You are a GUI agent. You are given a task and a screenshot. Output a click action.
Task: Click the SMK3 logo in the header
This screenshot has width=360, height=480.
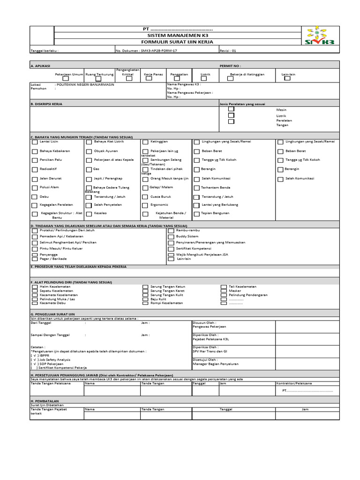coord(320,36)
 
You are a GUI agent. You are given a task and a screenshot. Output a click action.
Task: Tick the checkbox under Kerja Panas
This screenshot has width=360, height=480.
coord(149,79)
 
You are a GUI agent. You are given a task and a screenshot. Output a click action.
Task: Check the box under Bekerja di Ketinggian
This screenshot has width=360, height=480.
coord(230,79)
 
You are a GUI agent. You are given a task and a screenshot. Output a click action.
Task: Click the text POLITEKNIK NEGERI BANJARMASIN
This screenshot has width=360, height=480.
coord(85,85)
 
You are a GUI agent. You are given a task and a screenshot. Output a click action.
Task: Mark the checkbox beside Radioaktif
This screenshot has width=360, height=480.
coord(35,169)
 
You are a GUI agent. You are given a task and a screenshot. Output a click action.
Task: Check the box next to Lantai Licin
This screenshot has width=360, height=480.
coord(35,142)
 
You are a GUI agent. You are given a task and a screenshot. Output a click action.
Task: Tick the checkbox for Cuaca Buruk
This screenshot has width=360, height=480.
coord(145,197)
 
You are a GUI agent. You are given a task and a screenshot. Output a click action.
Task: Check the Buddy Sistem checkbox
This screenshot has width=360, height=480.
coord(171,237)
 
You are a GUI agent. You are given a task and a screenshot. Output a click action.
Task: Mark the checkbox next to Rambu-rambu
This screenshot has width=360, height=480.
coord(171,231)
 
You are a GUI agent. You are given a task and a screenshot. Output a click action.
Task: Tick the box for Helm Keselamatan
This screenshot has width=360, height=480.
coord(35,286)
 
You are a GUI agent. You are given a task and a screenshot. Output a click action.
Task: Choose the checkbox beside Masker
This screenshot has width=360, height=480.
coord(224,291)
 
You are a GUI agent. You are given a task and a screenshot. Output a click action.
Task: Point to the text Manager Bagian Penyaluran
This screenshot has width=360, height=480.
coord(216,364)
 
